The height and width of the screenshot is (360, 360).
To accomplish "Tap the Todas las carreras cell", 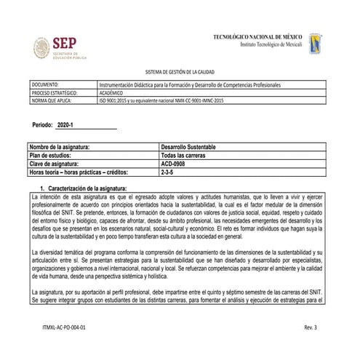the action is (x=183, y=156).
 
